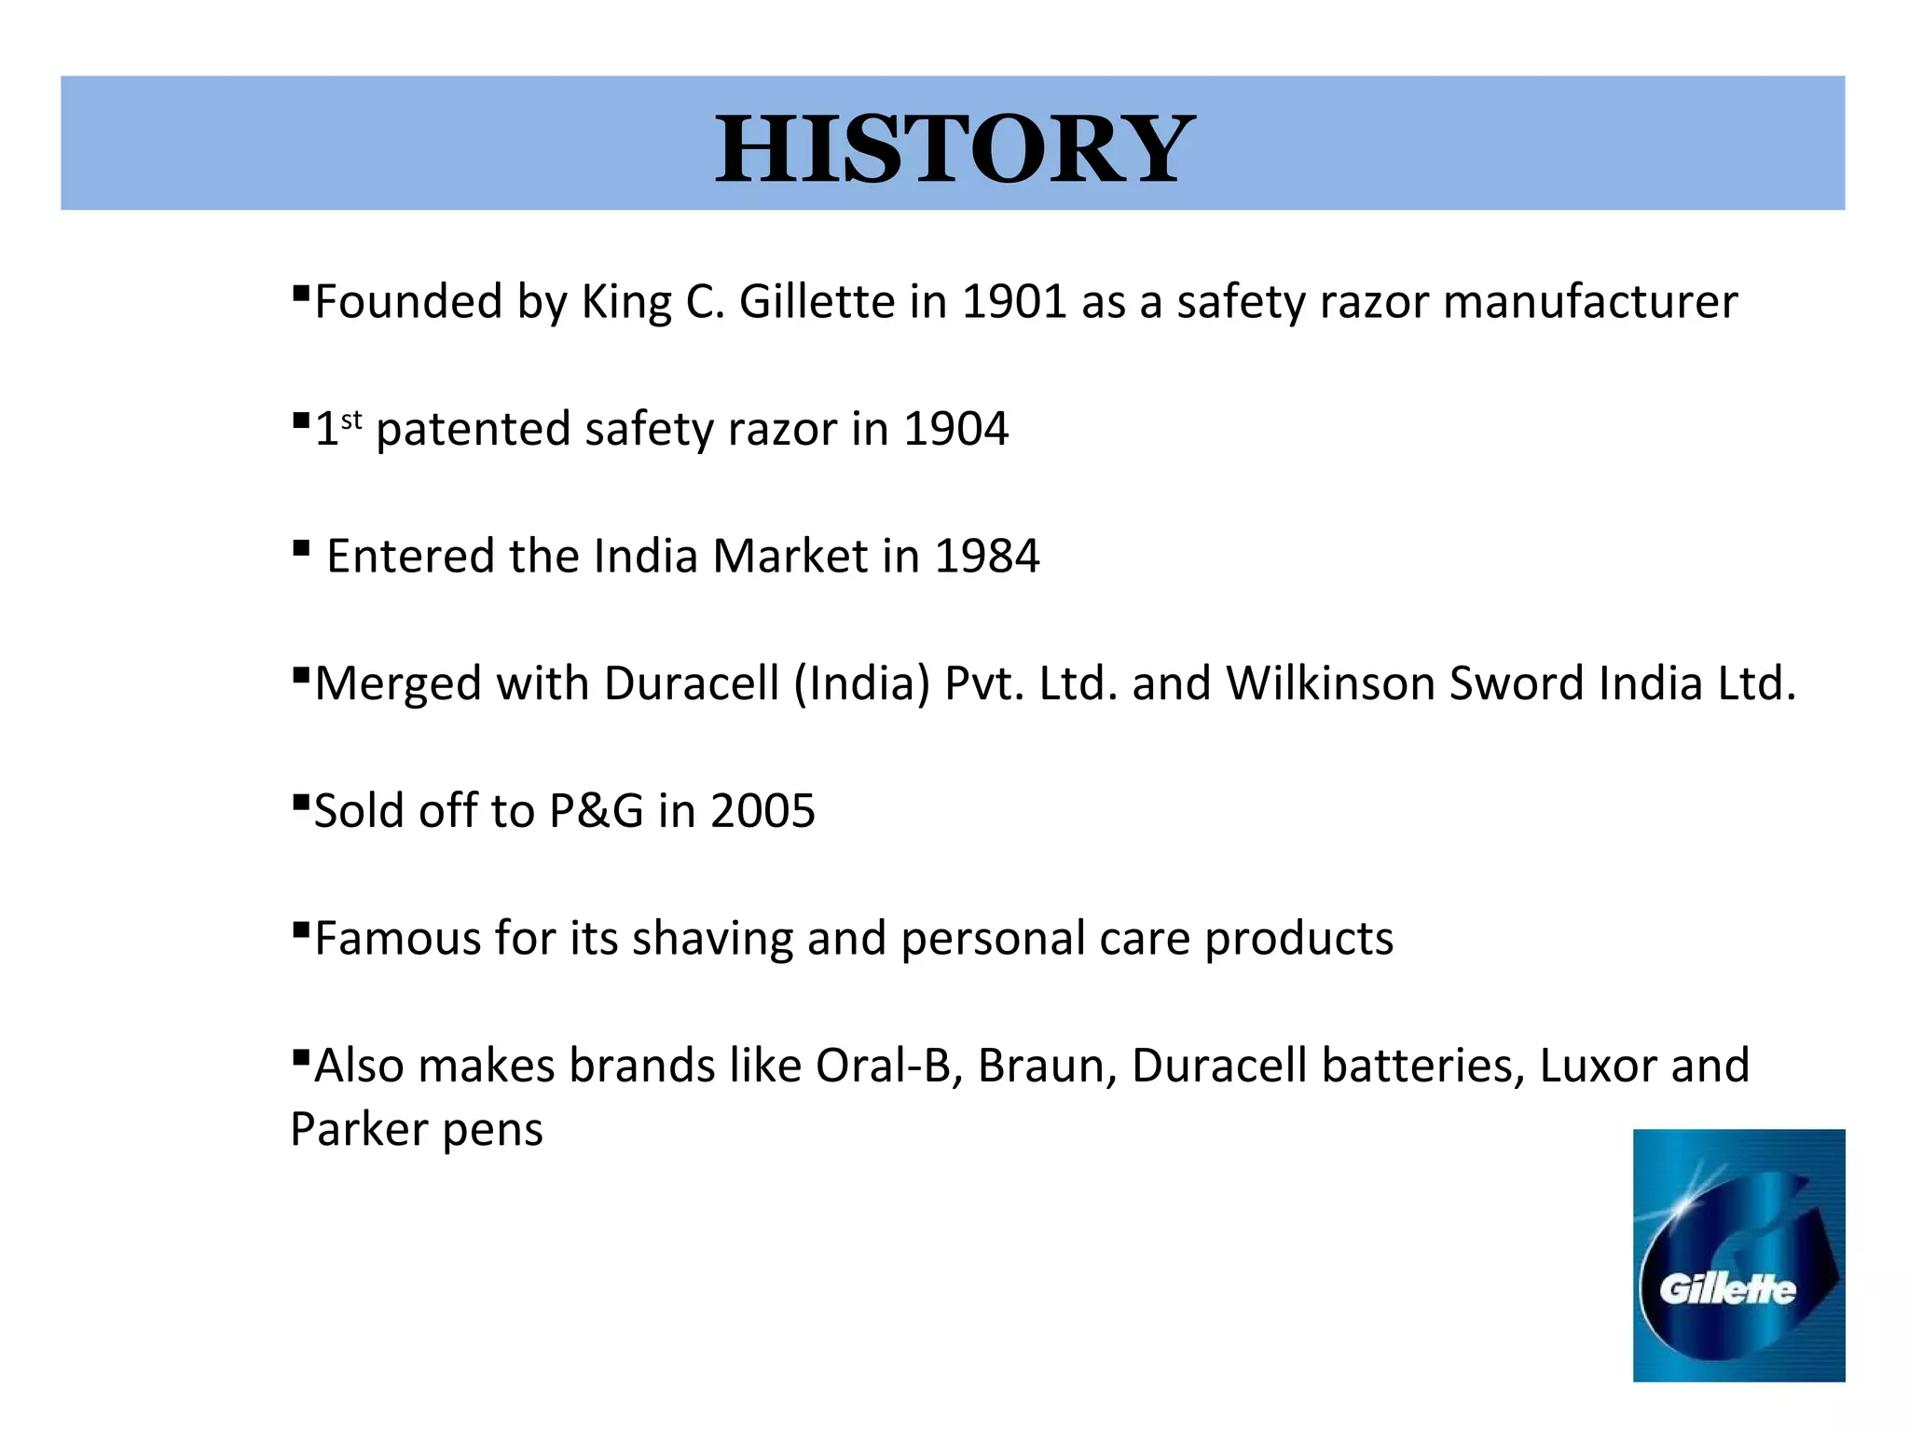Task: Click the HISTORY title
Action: tap(954, 148)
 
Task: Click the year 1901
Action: tap(1013, 302)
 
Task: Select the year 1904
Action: tap(955, 430)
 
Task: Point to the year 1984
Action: tap(986, 557)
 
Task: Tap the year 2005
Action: tap(762, 811)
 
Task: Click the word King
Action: tap(626, 302)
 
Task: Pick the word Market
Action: tap(790, 557)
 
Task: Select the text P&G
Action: tap(597, 811)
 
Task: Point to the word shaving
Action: tap(712, 938)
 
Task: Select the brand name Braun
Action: tap(1047, 1066)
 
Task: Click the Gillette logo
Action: tap(1738, 1255)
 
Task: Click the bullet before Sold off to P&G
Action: tap(300, 802)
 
